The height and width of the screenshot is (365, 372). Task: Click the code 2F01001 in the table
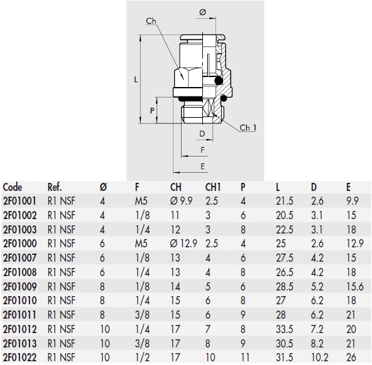[19, 201]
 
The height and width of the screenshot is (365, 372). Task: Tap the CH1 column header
[214, 187]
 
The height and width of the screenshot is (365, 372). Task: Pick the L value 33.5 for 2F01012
[284, 329]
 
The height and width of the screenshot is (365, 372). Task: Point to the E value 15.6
[354, 287]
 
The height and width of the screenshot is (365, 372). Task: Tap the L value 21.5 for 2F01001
[284, 201]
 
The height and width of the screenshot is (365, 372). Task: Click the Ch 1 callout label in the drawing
[248, 128]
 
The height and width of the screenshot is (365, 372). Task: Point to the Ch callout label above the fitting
[151, 21]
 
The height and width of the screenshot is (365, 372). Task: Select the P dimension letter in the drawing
[152, 110]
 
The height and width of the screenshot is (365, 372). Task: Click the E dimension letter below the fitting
[203, 166]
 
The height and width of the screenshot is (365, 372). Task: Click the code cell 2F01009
[19, 287]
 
